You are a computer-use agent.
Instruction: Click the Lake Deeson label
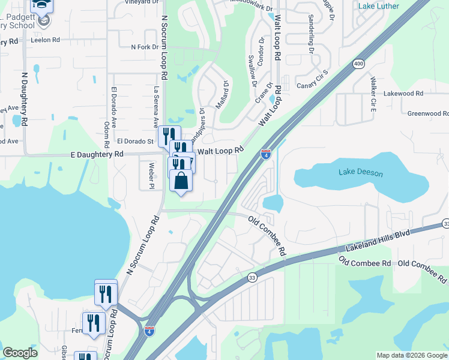pos(360,173)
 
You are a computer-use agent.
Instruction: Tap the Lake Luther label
pos(387,6)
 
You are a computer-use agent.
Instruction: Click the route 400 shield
pos(358,64)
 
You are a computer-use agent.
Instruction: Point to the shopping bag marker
pos(181,181)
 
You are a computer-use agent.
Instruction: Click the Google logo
pos(20,352)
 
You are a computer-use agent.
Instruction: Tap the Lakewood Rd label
pos(403,94)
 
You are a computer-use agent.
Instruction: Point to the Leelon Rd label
pos(47,40)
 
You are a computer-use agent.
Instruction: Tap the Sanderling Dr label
pos(311,34)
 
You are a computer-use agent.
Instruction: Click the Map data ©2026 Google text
pos(411,355)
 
